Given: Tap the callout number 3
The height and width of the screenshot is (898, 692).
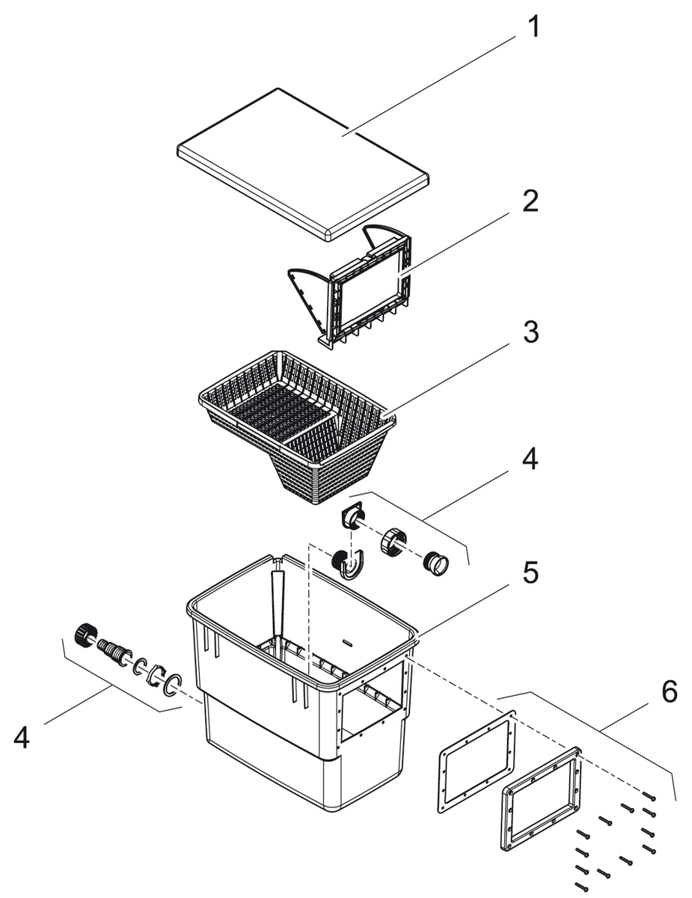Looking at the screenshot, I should tap(530, 333).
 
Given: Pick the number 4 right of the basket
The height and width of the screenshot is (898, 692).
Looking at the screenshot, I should tap(529, 459).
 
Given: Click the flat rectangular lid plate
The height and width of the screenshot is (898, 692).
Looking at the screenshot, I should tap(303, 161).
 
